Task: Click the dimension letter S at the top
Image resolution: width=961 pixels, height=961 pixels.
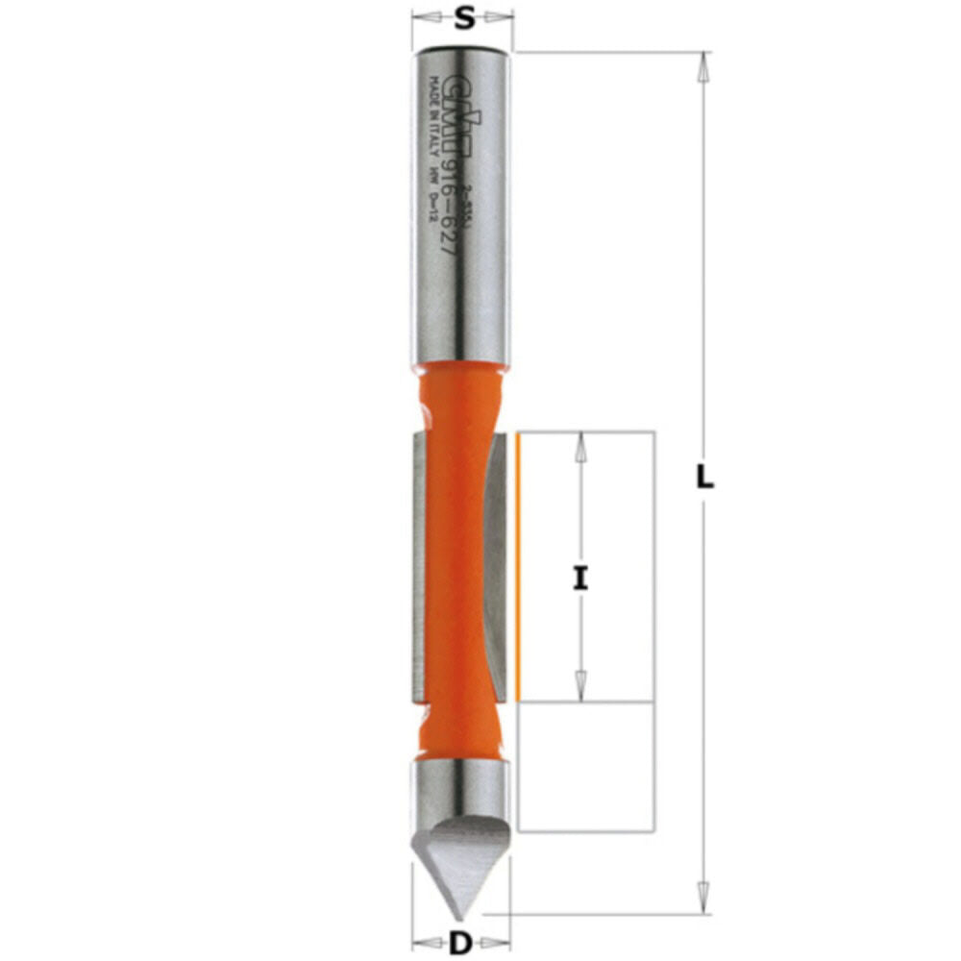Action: tap(463, 18)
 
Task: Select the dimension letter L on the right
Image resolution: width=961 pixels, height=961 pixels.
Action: tap(704, 478)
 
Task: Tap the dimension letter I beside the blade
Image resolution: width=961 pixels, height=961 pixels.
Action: tap(579, 579)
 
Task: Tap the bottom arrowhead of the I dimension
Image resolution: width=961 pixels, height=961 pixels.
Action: tap(579, 689)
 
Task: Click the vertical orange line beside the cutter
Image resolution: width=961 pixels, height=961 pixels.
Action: tap(518, 567)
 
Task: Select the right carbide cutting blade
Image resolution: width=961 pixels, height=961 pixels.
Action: tap(496, 567)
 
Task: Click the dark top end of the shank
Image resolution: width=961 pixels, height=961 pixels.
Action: tap(462, 49)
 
